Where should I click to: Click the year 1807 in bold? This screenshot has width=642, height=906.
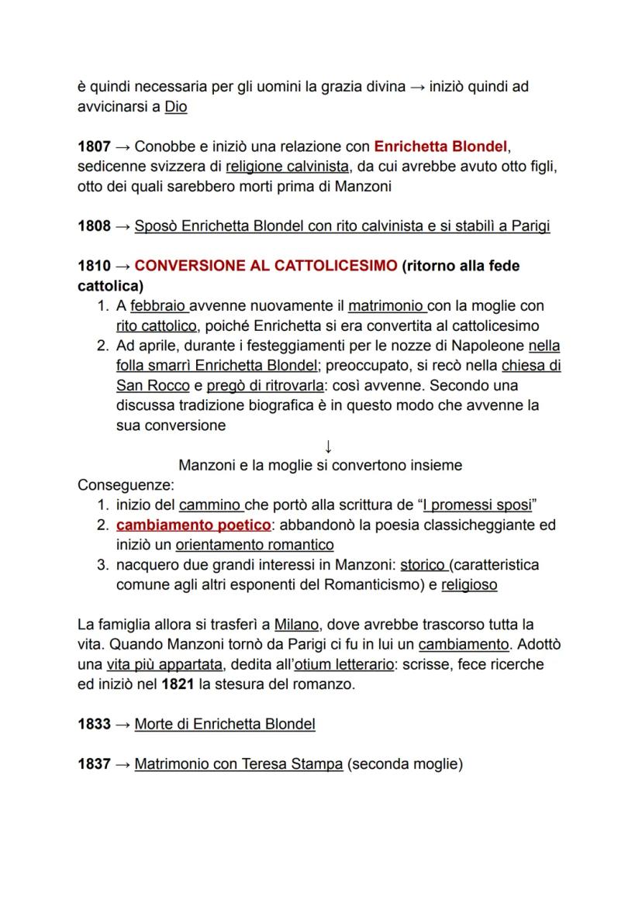pos(94,146)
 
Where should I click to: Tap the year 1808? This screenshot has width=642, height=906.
pos(94,226)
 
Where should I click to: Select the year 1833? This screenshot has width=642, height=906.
pos(94,725)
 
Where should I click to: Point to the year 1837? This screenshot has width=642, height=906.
pos(94,764)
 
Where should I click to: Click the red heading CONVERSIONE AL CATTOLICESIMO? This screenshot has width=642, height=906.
pos(265,266)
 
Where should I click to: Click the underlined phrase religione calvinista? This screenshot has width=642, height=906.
pos(287,166)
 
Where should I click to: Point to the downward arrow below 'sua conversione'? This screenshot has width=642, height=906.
pos(328,446)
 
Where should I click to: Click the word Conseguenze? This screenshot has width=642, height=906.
pos(126,485)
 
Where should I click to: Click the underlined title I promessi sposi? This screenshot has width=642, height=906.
pos(477,505)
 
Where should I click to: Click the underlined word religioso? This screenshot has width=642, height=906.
pos(469,585)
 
